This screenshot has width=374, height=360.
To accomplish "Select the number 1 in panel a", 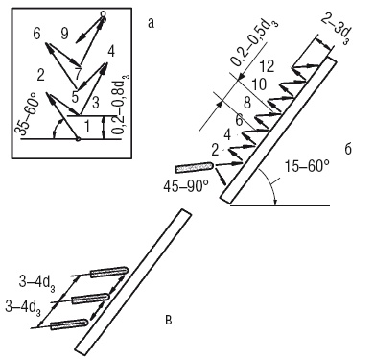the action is click(86, 127).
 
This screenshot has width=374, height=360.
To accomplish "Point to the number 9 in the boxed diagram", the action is click(64, 34).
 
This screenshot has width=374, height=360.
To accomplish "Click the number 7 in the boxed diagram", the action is click(77, 74).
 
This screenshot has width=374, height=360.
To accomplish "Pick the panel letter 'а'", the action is click(151, 23).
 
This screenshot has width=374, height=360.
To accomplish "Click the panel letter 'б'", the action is click(348, 149).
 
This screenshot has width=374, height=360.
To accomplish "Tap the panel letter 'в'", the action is click(169, 320).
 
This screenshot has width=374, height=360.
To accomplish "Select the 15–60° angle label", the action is click(307, 166).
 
